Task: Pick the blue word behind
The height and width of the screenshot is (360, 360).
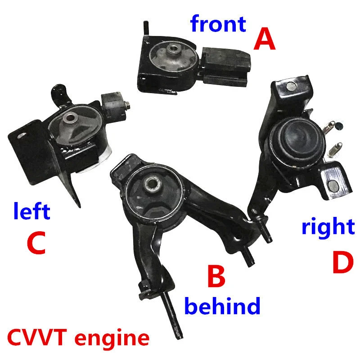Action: [x=223, y=307]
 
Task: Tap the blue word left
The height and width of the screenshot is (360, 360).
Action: [x=31, y=211]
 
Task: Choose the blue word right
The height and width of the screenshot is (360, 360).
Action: [x=328, y=227]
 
